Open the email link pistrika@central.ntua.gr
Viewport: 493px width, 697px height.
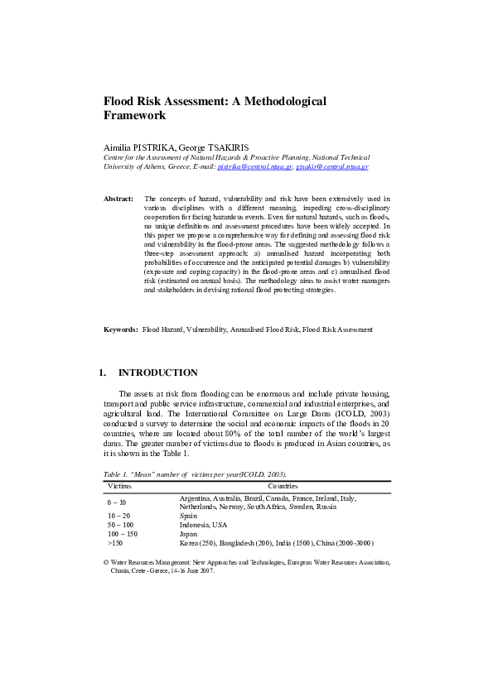(x=254, y=166)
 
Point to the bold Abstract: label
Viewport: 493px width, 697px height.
(x=118, y=199)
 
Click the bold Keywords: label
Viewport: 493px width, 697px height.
(x=120, y=329)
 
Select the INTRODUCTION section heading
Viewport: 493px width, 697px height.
(x=158, y=373)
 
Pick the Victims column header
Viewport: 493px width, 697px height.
(x=121, y=486)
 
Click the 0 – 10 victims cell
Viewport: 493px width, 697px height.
(x=117, y=502)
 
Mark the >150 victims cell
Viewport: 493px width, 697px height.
(x=115, y=543)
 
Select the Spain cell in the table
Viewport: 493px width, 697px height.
(x=188, y=516)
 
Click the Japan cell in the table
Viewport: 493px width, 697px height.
(x=189, y=534)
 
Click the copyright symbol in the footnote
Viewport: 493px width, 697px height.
(x=105, y=561)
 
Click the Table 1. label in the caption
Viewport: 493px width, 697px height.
(x=116, y=475)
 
